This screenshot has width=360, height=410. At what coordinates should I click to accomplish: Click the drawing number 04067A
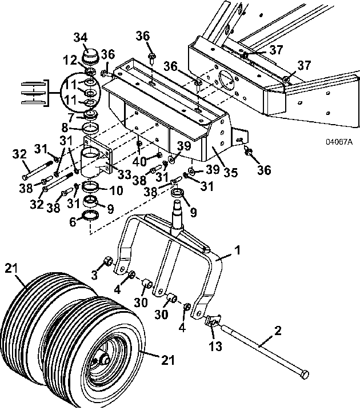coord(339,142)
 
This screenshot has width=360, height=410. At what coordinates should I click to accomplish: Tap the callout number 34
coord(81,37)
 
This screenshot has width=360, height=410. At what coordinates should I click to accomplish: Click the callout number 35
coord(230,173)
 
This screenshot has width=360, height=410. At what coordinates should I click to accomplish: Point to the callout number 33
coord(124,174)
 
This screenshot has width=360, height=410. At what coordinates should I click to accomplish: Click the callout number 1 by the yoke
coord(237,250)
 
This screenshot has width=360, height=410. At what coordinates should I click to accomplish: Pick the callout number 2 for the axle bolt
coord(278,331)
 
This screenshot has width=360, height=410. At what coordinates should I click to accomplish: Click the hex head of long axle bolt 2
coord(305,375)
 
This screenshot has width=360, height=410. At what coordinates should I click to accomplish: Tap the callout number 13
coord(215,346)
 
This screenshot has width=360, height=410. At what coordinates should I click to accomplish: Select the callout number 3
coord(94,275)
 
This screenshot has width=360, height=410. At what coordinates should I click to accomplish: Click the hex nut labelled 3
coord(109,261)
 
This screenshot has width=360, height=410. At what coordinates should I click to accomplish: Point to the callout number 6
coord(73,222)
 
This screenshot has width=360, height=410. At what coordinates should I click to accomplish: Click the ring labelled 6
coord(90,216)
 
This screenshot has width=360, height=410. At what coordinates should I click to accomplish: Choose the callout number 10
coord(116,190)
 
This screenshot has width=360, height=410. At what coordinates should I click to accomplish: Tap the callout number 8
coord(65,128)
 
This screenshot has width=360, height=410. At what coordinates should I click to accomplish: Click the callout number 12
coord(70,61)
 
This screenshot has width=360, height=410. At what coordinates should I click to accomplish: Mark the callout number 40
coord(140,162)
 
